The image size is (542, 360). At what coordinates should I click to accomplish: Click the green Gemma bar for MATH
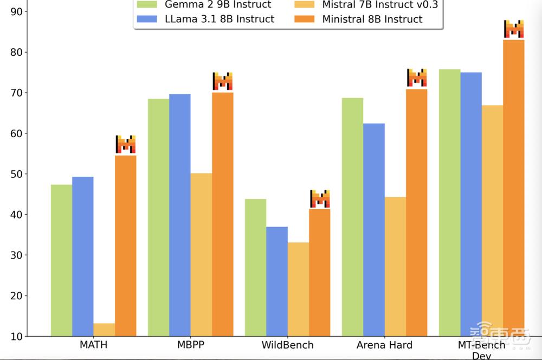coord(61,260)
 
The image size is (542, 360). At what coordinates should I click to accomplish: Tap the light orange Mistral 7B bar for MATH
coord(104,330)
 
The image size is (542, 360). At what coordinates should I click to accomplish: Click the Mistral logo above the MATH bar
coord(125,144)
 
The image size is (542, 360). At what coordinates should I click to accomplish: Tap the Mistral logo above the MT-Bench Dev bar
coord(513,29)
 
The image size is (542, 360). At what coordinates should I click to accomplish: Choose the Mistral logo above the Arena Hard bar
coord(417,78)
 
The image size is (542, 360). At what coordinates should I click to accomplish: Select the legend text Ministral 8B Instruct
coord(372,19)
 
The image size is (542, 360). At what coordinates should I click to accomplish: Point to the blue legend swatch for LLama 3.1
coord(146,20)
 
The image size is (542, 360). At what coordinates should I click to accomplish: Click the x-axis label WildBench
coord(287,345)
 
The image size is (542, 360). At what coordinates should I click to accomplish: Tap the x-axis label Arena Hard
coord(384,345)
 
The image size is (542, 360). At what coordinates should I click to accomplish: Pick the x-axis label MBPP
coord(190,345)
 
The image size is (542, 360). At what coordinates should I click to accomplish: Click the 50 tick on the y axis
coord(17,174)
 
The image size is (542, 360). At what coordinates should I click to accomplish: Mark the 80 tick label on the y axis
coord(17,52)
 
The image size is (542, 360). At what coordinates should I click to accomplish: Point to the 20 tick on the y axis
coord(17,296)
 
